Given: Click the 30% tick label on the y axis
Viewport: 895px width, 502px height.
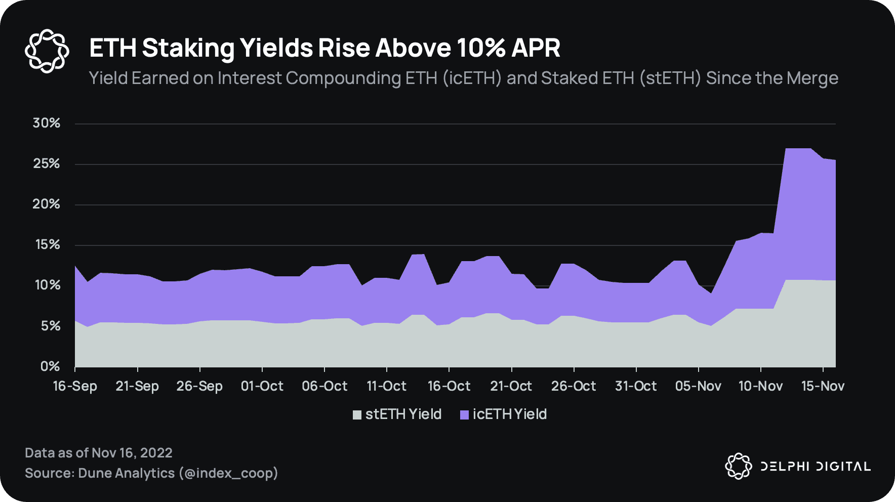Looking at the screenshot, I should click(47, 123).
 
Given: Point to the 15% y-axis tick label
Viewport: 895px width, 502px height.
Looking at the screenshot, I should click(47, 245).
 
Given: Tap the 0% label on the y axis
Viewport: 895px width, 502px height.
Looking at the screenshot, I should click(50, 366).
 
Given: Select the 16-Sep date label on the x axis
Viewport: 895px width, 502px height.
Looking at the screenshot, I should click(75, 386).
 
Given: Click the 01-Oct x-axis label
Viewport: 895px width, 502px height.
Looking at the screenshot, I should click(262, 386).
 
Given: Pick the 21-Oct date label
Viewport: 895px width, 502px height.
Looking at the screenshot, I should click(511, 386).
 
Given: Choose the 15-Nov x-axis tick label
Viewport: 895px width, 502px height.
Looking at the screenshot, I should click(823, 386).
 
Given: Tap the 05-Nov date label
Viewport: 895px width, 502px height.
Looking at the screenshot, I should click(698, 386).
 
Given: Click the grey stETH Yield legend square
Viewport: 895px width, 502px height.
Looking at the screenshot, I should click(357, 415).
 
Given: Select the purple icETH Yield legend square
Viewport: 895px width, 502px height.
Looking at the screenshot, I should click(464, 415).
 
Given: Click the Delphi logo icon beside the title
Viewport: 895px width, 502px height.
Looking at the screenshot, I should click(47, 51).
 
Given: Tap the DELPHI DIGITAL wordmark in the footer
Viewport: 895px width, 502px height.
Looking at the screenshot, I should click(816, 466).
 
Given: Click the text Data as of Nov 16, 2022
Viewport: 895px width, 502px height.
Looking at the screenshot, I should click(99, 452).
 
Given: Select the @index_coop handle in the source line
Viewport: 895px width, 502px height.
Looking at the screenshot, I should click(228, 473).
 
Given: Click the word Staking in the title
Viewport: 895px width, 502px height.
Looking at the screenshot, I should click(188, 49).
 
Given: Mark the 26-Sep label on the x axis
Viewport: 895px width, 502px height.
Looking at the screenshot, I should click(199, 386).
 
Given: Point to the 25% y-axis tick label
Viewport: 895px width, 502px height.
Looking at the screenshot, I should click(47, 164).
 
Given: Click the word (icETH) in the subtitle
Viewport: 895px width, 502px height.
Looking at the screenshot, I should click(472, 78).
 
